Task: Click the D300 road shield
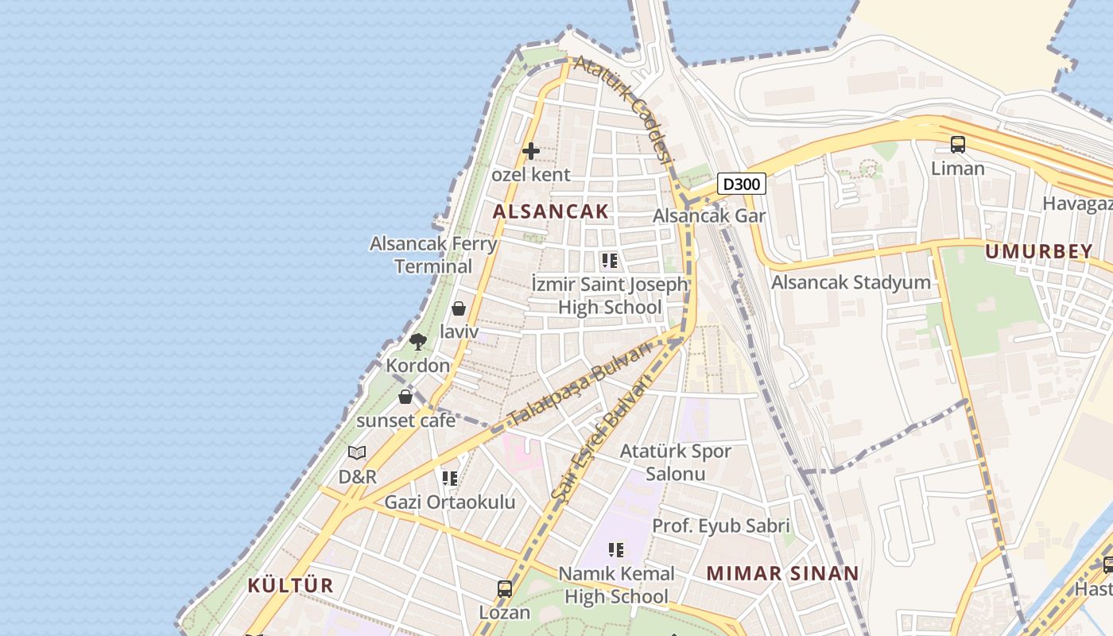(x=741, y=184)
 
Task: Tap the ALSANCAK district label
(x=550, y=211)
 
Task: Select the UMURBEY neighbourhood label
(x=1038, y=252)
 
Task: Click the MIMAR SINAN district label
(x=782, y=573)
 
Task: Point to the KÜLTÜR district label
(x=290, y=586)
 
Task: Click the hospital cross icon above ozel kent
(x=531, y=150)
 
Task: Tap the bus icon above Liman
(x=958, y=145)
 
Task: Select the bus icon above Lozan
(x=505, y=589)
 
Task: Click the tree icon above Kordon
(x=417, y=342)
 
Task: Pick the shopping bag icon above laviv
(x=459, y=308)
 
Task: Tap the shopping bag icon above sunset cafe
(x=405, y=396)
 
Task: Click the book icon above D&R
(x=357, y=453)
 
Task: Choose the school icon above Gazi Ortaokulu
(x=450, y=478)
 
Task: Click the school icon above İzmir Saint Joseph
(x=610, y=260)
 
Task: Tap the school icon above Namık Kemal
(x=615, y=549)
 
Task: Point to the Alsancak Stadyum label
(x=851, y=282)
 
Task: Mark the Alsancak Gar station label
(x=709, y=216)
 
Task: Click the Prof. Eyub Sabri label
(x=721, y=526)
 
